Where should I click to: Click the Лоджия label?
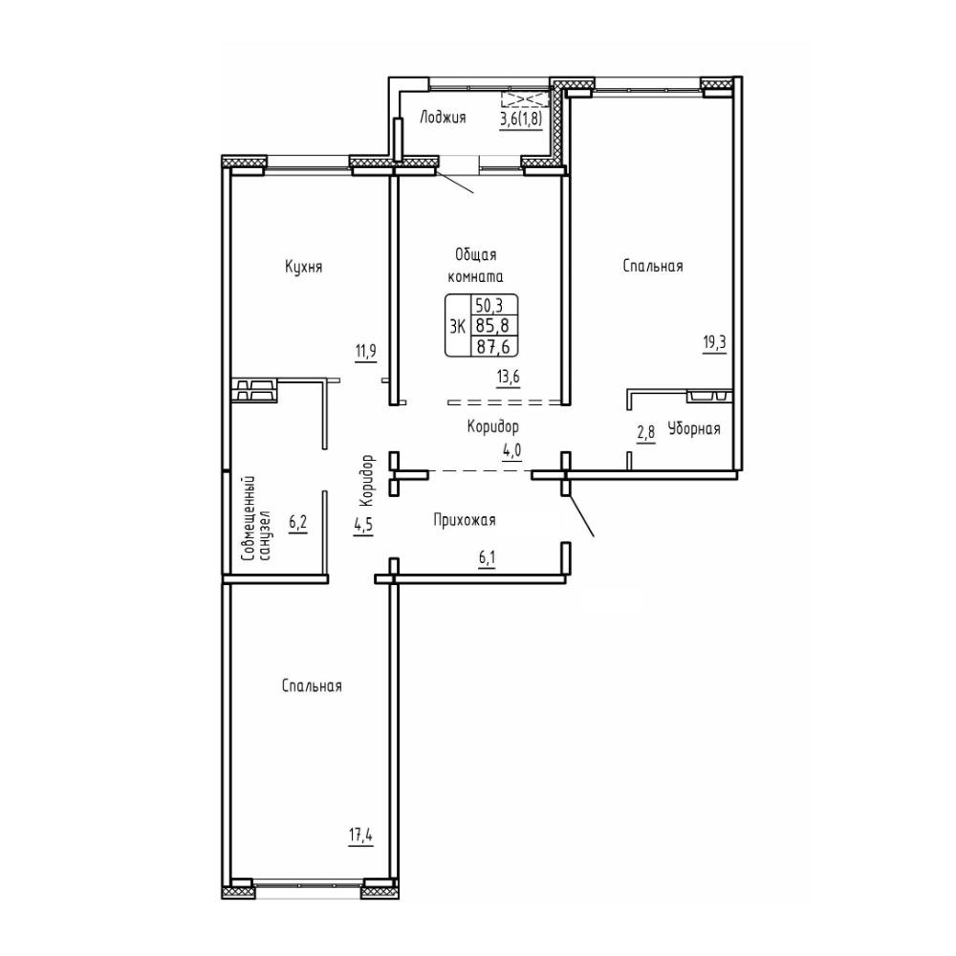tap(443, 118)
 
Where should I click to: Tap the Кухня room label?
tap(303, 267)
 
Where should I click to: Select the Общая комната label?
tap(475, 265)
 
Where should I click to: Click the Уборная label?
tap(694, 428)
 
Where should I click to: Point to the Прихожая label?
tap(464, 520)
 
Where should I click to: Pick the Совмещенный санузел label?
tap(255, 519)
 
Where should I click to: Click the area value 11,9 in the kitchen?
tap(366, 353)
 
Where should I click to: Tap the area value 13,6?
tap(508, 378)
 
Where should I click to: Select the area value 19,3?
tap(714, 342)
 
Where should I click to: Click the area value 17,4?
tap(360, 835)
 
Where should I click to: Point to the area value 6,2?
tap(298, 523)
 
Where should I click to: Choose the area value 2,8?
tap(645, 433)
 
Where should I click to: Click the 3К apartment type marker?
tap(457, 326)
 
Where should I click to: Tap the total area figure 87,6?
tap(493, 346)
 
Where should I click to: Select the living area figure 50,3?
tap(489, 306)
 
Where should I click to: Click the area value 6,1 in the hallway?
tap(487, 559)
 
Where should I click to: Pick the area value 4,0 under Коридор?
tap(512, 451)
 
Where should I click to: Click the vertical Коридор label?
tap(366, 481)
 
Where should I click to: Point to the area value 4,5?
tap(363, 526)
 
